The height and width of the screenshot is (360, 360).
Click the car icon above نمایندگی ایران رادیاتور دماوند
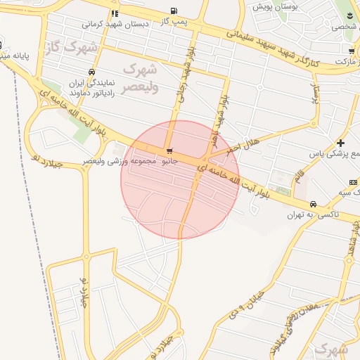pyautogui.click(x=92, y=72)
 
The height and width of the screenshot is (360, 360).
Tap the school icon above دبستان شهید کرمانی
pyautogui.click(x=115, y=13)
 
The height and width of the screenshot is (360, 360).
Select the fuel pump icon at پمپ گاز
pyautogui.click(x=173, y=11)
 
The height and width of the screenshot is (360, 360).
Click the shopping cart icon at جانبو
pyautogui.click(x=169, y=151)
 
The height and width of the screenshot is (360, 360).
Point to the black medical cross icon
pyautogui.click(x=341, y=143)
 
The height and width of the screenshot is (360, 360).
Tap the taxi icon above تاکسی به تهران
pyautogui.click(x=313, y=205)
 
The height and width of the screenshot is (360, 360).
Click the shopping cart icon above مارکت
pyautogui.click(x=351, y=51)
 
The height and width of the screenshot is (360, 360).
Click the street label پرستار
pyautogui.click(x=316, y=93)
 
